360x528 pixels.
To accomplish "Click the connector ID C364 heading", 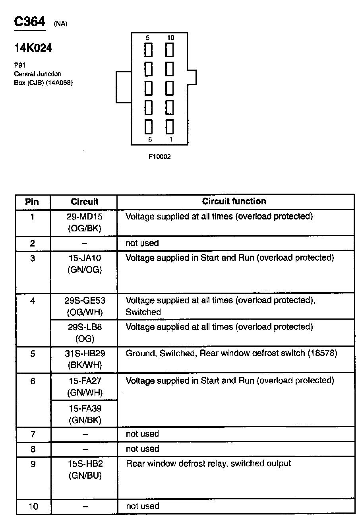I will (30, 22).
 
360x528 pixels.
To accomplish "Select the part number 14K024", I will (33, 49).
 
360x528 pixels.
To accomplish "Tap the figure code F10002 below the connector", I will (159, 157).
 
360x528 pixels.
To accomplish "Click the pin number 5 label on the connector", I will (148, 38).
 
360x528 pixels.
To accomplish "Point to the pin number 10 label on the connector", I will (170, 38).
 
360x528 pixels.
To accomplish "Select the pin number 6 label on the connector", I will (150, 140).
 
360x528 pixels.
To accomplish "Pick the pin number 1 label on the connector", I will (171, 140).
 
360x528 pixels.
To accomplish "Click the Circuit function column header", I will (234, 201).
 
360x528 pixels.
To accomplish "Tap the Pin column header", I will (32, 202).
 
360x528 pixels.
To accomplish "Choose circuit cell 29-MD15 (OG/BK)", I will (85, 222).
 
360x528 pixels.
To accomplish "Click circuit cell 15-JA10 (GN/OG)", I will (85, 264).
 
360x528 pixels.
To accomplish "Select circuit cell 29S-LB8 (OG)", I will (85, 332).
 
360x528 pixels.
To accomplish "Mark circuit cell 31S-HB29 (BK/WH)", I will (85, 359).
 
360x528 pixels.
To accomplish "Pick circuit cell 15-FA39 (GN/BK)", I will (85, 414).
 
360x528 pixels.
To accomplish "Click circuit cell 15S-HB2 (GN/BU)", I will (85, 469).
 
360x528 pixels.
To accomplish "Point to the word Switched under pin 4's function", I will (143, 312).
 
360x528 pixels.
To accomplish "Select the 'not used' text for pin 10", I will (142, 506).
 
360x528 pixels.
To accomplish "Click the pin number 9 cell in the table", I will (33, 464).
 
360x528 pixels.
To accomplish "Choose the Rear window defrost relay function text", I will (208, 463).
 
